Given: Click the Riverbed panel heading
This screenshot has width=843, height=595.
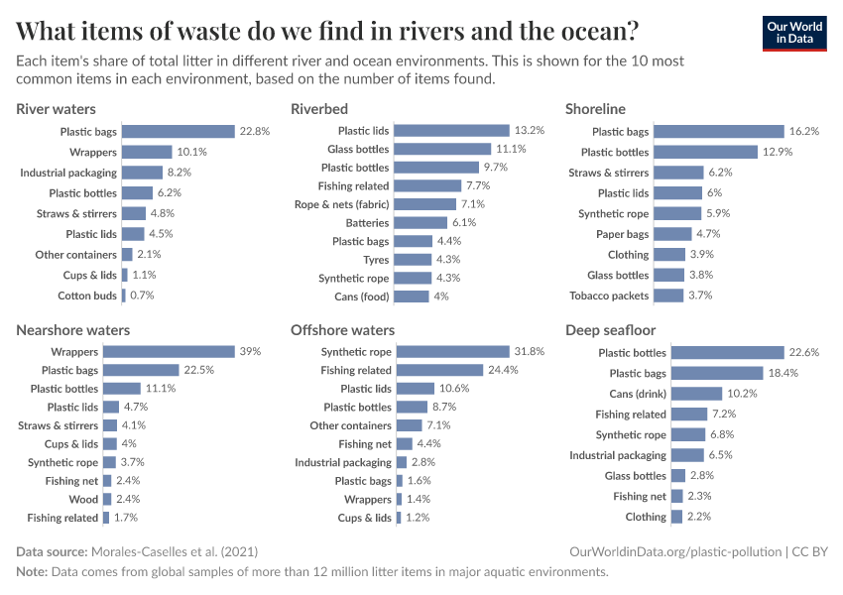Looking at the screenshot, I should (319, 108).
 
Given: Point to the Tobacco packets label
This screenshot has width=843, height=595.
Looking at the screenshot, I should (609, 296).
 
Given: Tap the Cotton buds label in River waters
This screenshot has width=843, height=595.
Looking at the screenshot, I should (87, 296).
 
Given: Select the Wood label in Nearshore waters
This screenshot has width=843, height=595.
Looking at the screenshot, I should (83, 500).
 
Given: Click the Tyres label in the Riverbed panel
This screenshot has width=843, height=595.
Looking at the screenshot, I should (376, 260).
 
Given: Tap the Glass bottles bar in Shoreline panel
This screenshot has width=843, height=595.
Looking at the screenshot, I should (668, 275).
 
